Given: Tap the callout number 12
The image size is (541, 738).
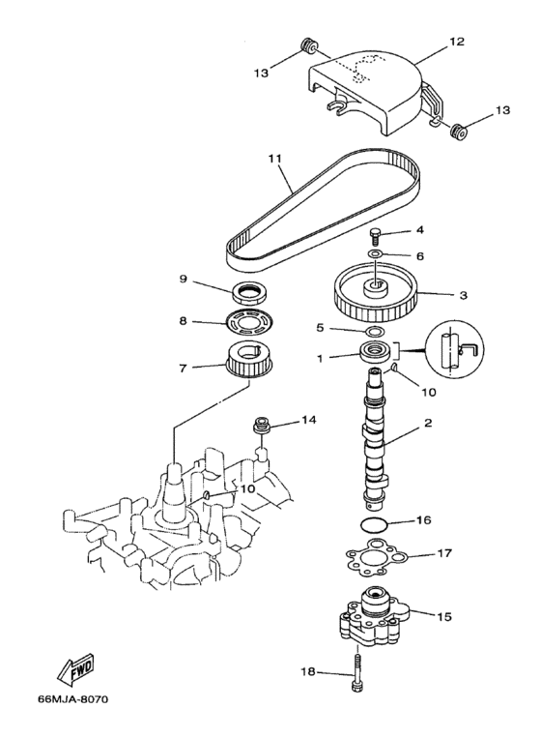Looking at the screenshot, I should pos(457,42).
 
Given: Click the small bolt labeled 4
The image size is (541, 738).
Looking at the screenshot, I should pos(374,236).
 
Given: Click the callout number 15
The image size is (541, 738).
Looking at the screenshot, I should pos(445,615).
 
